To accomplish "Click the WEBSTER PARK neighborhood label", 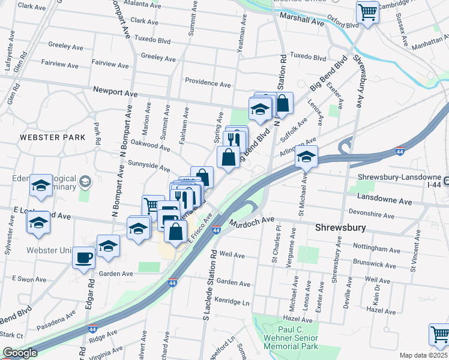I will pyautogui.click(x=52, y=137).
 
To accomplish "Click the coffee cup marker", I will pyautogui.click(x=83, y=258).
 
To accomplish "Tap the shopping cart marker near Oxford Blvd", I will pyautogui.click(x=367, y=11).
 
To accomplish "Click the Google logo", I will pyautogui.click(x=20, y=353).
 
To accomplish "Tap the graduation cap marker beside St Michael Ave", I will pyautogui.click(x=306, y=157).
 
